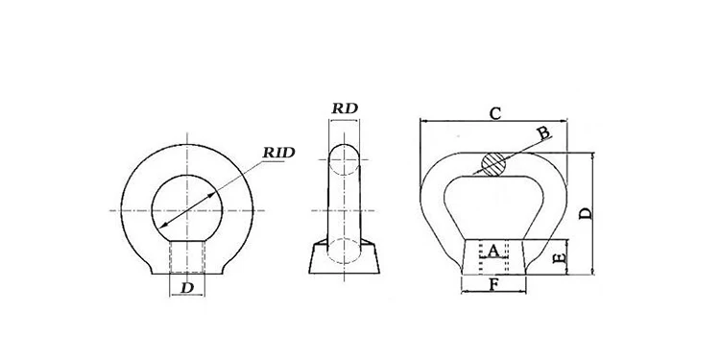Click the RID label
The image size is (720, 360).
[278, 153]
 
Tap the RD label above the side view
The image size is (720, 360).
[345, 108]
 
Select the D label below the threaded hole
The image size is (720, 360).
[187, 288]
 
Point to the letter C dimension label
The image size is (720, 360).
[495, 113]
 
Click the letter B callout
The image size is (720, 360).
[543, 133]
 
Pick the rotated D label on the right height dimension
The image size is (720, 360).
[586, 213]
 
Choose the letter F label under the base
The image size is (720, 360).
[493, 285]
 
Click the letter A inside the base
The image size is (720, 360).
[492, 252]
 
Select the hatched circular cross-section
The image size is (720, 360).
[493, 164]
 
